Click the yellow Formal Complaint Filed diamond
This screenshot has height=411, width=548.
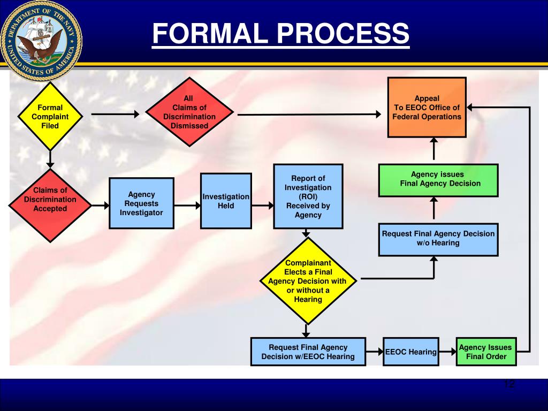[50, 116]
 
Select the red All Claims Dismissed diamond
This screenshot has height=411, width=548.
[189, 112]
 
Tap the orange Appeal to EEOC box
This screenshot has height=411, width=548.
[427, 108]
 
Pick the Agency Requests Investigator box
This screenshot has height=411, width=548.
[141, 203]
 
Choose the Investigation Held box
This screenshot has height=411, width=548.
[226, 201]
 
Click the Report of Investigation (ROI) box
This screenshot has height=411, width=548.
[308, 196]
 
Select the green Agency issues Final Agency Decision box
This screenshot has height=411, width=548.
[438, 179]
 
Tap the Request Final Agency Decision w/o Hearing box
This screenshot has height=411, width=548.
[438, 239]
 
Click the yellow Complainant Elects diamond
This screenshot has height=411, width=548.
[308, 280]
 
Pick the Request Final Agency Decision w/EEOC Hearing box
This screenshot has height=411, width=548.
[308, 352]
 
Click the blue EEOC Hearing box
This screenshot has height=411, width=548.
[411, 352]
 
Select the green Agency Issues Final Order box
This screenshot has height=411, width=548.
[486, 352]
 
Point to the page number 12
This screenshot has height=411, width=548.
[508, 384]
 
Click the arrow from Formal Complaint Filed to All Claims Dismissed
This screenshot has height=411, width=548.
[115, 113]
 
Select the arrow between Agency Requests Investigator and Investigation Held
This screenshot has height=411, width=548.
[187, 205]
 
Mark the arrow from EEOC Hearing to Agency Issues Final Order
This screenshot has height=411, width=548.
[447, 352]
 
